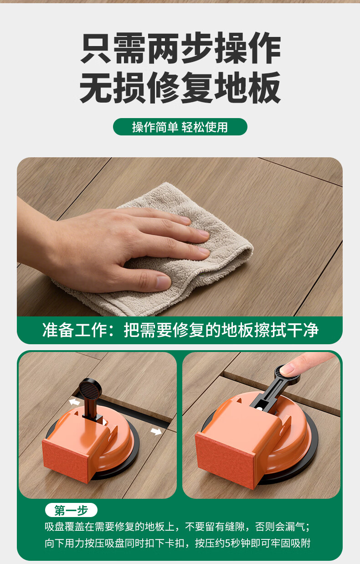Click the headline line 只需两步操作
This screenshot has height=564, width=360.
tap(180, 48)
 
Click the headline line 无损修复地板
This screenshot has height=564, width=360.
tap(180, 87)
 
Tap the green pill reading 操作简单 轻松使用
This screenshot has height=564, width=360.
tap(180, 127)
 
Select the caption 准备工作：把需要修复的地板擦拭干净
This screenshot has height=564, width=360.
tap(180, 330)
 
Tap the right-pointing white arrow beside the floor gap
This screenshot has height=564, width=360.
tap(156, 431)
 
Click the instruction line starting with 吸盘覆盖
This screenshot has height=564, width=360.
tap(178, 527)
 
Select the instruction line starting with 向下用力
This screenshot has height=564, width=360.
tap(178, 543)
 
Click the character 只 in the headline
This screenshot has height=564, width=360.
tap(96, 48)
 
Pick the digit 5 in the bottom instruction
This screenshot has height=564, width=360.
tap(228, 544)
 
